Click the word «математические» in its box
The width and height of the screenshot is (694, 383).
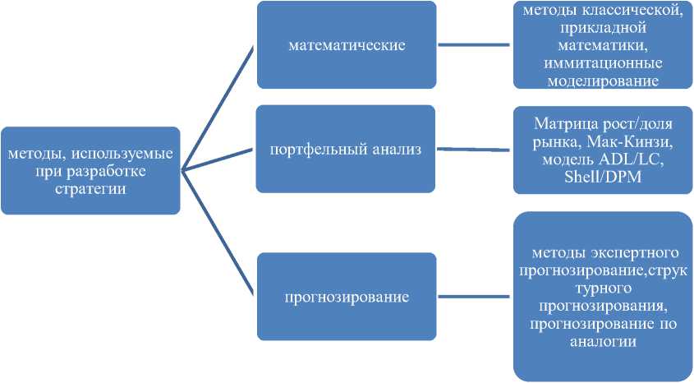(347, 45)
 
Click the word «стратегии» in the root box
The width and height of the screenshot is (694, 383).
(90, 187)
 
